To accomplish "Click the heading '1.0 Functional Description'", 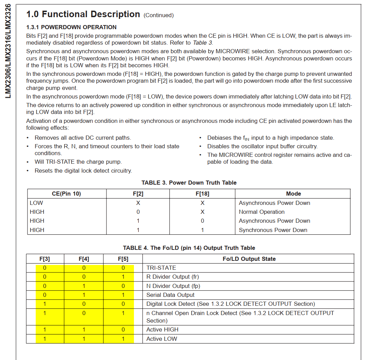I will (83, 14).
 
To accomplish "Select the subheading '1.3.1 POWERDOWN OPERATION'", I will (71, 27).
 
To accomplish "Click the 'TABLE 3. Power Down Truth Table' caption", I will (189, 183).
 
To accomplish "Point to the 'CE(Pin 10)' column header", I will (67, 194).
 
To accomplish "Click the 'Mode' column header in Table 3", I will (293, 194).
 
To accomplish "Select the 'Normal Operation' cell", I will (262, 212).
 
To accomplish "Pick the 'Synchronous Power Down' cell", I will (273, 230).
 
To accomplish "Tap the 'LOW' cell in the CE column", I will (36, 203).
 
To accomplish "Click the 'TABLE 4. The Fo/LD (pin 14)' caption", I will (189, 248).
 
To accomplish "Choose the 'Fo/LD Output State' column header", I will (249, 259).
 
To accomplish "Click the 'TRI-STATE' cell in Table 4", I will (161, 268).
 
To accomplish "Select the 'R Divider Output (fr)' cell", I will (172, 277).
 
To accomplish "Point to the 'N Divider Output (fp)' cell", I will (173, 286).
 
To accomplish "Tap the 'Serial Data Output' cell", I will (170, 295).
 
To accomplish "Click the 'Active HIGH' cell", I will (162, 329).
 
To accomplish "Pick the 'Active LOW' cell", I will (162, 339).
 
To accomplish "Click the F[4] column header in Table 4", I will (84, 259).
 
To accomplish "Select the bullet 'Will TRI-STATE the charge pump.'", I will (78, 162).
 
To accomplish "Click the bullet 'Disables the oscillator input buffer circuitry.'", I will (262, 146).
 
